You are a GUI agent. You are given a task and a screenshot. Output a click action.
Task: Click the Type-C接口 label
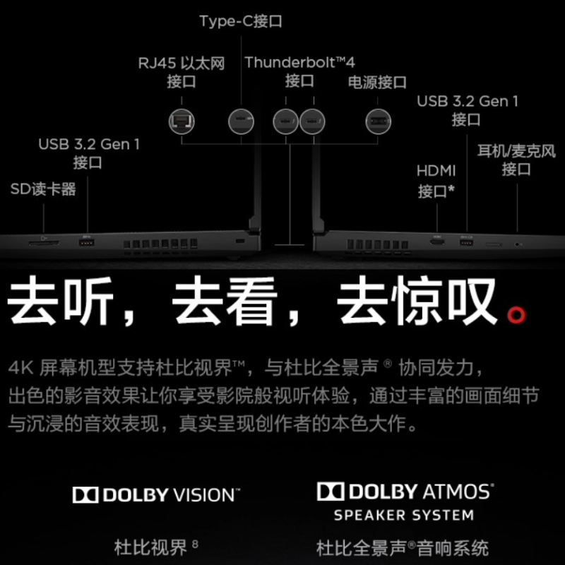[240, 21]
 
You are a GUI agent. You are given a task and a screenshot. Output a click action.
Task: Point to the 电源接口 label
[376, 83]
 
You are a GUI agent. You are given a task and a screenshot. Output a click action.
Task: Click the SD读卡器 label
[43, 189]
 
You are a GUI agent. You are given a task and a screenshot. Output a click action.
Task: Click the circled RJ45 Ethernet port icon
[182, 121]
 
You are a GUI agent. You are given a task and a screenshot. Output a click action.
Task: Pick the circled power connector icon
[378, 121]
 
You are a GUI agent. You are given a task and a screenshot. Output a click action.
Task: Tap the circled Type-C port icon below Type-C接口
[240, 121]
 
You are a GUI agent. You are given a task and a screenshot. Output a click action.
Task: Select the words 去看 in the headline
[224, 304]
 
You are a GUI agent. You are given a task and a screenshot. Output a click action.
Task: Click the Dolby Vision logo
[156, 494]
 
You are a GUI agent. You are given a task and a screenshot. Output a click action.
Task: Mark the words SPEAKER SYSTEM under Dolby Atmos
[404, 515]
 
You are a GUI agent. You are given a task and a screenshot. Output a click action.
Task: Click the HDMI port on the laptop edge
[437, 243]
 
